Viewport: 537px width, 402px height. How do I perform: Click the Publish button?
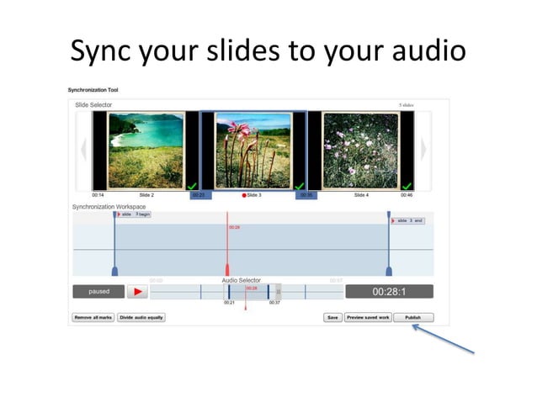click(412, 318)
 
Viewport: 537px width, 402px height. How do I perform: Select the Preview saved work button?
click(367, 318)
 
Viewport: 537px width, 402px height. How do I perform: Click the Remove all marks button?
click(93, 318)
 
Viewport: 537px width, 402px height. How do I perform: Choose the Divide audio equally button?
click(141, 318)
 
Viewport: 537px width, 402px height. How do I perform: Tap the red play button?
click(137, 292)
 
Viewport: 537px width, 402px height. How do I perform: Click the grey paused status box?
click(98, 292)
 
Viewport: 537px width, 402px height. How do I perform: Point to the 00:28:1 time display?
click(389, 292)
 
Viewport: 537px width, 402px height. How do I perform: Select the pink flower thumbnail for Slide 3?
click(253, 151)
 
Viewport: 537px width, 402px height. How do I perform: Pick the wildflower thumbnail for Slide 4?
click(361, 151)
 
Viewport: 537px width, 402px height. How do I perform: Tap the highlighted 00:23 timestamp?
click(199, 195)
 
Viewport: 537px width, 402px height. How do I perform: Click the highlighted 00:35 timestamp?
click(306, 195)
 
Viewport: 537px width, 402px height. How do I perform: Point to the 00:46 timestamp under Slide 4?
click(407, 195)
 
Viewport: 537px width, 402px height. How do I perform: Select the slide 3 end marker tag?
click(411, 220)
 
